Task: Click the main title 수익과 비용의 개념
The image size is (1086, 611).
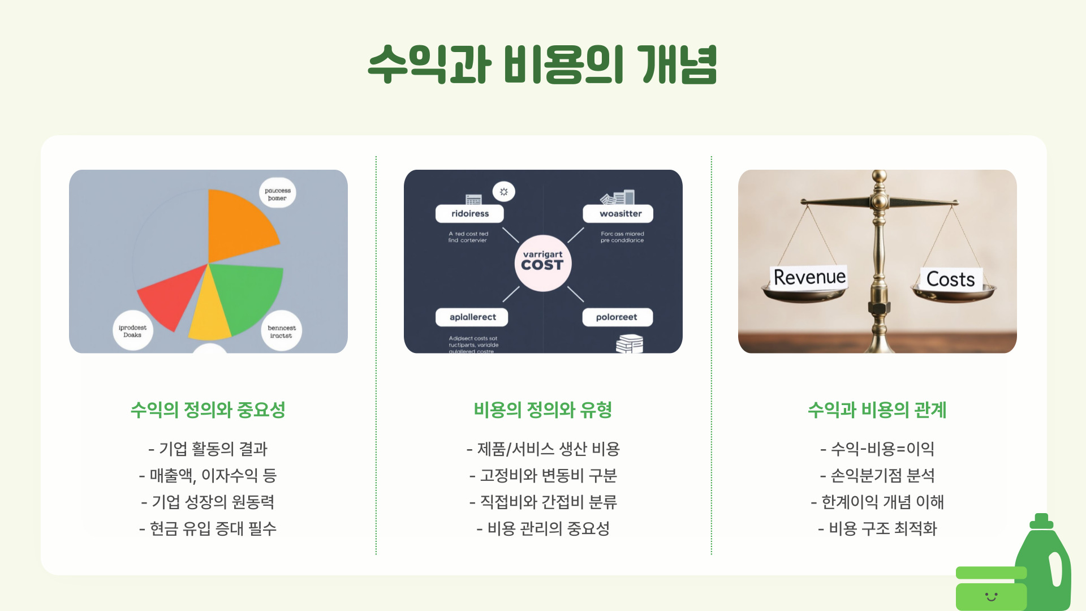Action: tap(542, 65)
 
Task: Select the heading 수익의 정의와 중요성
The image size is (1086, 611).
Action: tap(208, 410)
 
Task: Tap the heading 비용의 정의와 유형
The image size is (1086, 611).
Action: tap(542, 410)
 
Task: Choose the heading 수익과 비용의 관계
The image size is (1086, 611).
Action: tap(877, 410)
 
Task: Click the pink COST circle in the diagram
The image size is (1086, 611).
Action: tap(542, 263)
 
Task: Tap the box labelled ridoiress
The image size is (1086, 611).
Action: tap(469, 214)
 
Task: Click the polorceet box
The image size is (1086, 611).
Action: tap(617, 317)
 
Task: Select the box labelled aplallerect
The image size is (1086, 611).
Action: tap(472, 317)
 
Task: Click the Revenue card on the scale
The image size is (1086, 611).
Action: tap(809, 277)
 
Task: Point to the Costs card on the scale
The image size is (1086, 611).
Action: tap(950, 279)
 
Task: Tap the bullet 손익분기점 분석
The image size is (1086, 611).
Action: tap(877, 475)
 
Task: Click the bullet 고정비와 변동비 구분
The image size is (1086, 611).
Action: tap(543, 475)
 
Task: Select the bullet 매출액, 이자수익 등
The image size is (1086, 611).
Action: tap(208, 475)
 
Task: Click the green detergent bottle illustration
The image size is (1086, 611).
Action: tap(1046, 566)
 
